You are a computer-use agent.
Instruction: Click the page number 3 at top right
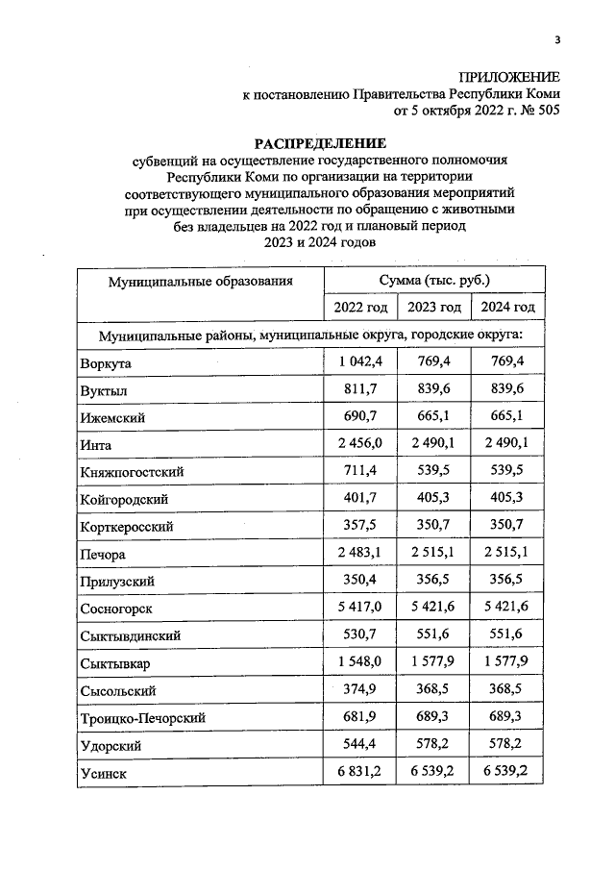(x=556, y=39)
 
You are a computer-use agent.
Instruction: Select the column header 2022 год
(x=359, y=307)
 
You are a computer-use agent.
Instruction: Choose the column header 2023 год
(x=433, y=307)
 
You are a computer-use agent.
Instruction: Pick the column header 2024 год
(x=507, y=307)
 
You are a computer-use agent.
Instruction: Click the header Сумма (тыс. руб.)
(x=433, y=280)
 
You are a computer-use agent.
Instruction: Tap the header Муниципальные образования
(x=199, y=281)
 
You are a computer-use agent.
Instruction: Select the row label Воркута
(x=106, y=363)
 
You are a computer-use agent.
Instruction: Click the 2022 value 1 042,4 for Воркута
(x=359, y=361)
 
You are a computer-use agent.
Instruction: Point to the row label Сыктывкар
(x=114, y=663)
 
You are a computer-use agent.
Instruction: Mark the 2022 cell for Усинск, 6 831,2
(x=359, y=771)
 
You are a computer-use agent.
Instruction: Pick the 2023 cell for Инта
(x=433, y=444)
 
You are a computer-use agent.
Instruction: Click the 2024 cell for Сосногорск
(x=507, y=608)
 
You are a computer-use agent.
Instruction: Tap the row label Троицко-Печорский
(x=143, y=717)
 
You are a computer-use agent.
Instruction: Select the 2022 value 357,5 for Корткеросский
(x=359, y=526)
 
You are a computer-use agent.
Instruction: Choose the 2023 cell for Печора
(x=433, y=553)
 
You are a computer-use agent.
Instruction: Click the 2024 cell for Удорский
(x=507, y=743)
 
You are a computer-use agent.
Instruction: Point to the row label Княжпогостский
(x=133, y=472)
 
